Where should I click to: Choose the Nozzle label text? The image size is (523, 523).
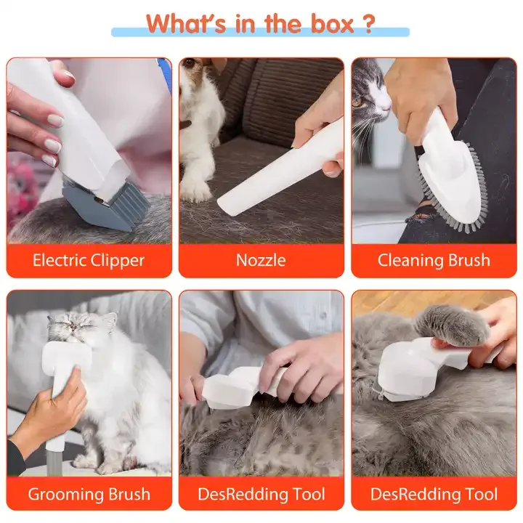pyautogui.click(x=261, y=260)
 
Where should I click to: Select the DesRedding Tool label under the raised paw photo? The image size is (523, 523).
pyautogui.click(x=434, y=495)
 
